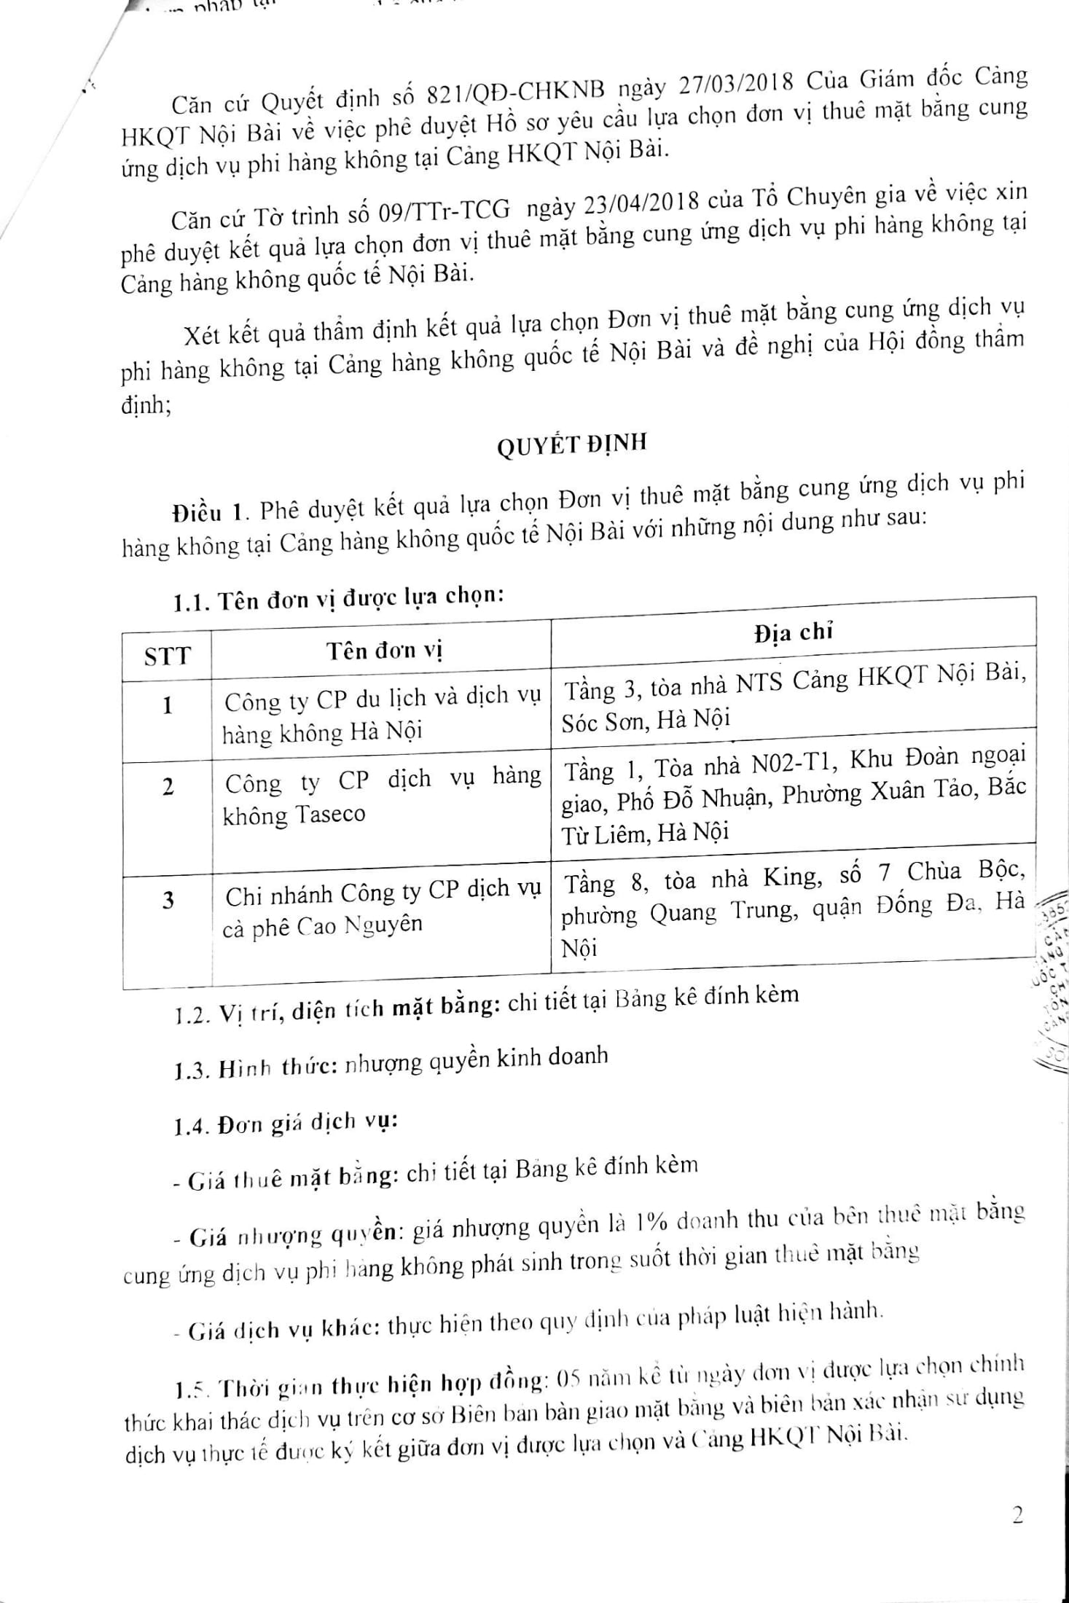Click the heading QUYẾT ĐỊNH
(x=572, y=445)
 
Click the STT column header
(x=167, y=657)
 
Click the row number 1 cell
(x=168, y=705)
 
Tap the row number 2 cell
(x=168, y=786)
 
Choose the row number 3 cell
(x=168, y=901)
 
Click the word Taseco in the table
(x=329, y=814)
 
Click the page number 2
(x=1018, y=1516)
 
